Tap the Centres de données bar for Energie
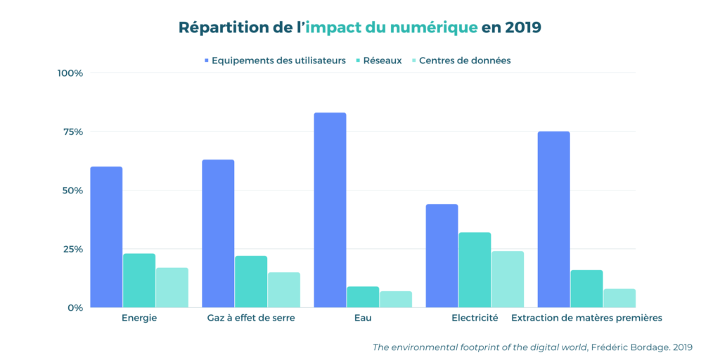(x=172, y=287)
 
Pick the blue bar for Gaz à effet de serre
(x=218, y=233)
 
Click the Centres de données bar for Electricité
(x=508, y=279)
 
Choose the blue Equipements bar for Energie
(x=106, y=237)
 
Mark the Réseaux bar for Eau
(x=363, y=297)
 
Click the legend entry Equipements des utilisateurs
(x=275, y=60)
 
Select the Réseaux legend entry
(x=379, y=60)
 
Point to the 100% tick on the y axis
(x=70, y=73)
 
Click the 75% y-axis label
(x=72, y=131)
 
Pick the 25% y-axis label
(x=72, y=249)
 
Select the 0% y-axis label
(x=75, y=307)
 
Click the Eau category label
(x=363, y=318)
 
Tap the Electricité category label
(x=475, y=318)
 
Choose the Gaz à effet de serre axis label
(x=251, y=318)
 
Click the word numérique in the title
(x=434, y=28)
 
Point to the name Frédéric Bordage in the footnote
(x=627, y=347)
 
